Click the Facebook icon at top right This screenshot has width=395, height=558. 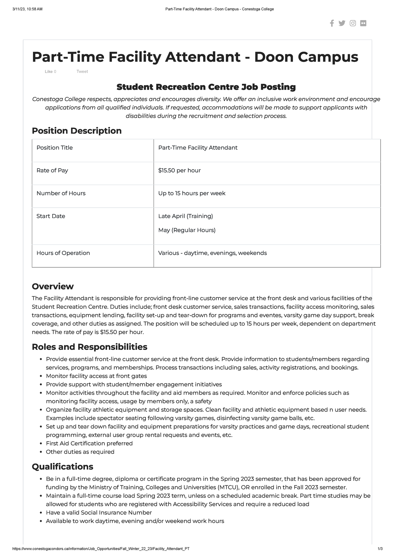pos(332,23)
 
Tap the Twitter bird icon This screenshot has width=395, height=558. pos(342,23)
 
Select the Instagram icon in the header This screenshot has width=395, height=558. pos(353,23)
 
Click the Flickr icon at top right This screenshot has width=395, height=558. pos(363,23)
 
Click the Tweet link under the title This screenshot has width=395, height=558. pos(82,71)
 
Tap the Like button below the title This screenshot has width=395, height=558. pos(49,71)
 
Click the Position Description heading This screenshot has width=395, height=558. pos(76,131)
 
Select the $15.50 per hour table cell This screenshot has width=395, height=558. pos(179,170)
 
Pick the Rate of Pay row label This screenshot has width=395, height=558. pos(52,170)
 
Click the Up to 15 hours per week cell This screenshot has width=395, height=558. pos(192,193)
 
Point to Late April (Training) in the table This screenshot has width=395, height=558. pos(185,216)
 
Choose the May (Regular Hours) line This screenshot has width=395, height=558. pos(187,230)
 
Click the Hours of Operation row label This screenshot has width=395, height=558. pos(63,253)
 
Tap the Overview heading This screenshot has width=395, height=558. pos(52,286)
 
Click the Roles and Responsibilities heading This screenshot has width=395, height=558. pos(89,347)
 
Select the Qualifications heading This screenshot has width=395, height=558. pos(62,467)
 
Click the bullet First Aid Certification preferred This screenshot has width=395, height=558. pos(89,443)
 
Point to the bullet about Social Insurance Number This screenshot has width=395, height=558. pos(99,513)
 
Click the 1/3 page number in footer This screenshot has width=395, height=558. pos(380,549)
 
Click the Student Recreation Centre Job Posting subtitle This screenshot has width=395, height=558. pos(206,87)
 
